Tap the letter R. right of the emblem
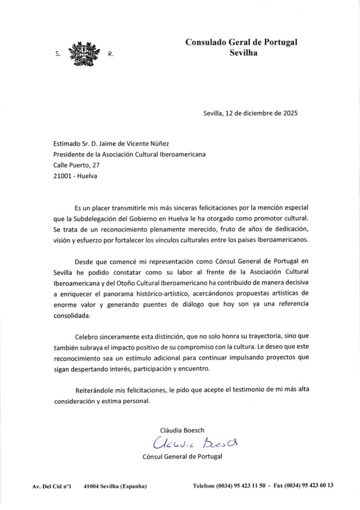coord(110,55)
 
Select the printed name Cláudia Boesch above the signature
coord(182,429)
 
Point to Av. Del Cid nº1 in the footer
coord(48,486)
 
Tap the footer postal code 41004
coord(94,486)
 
